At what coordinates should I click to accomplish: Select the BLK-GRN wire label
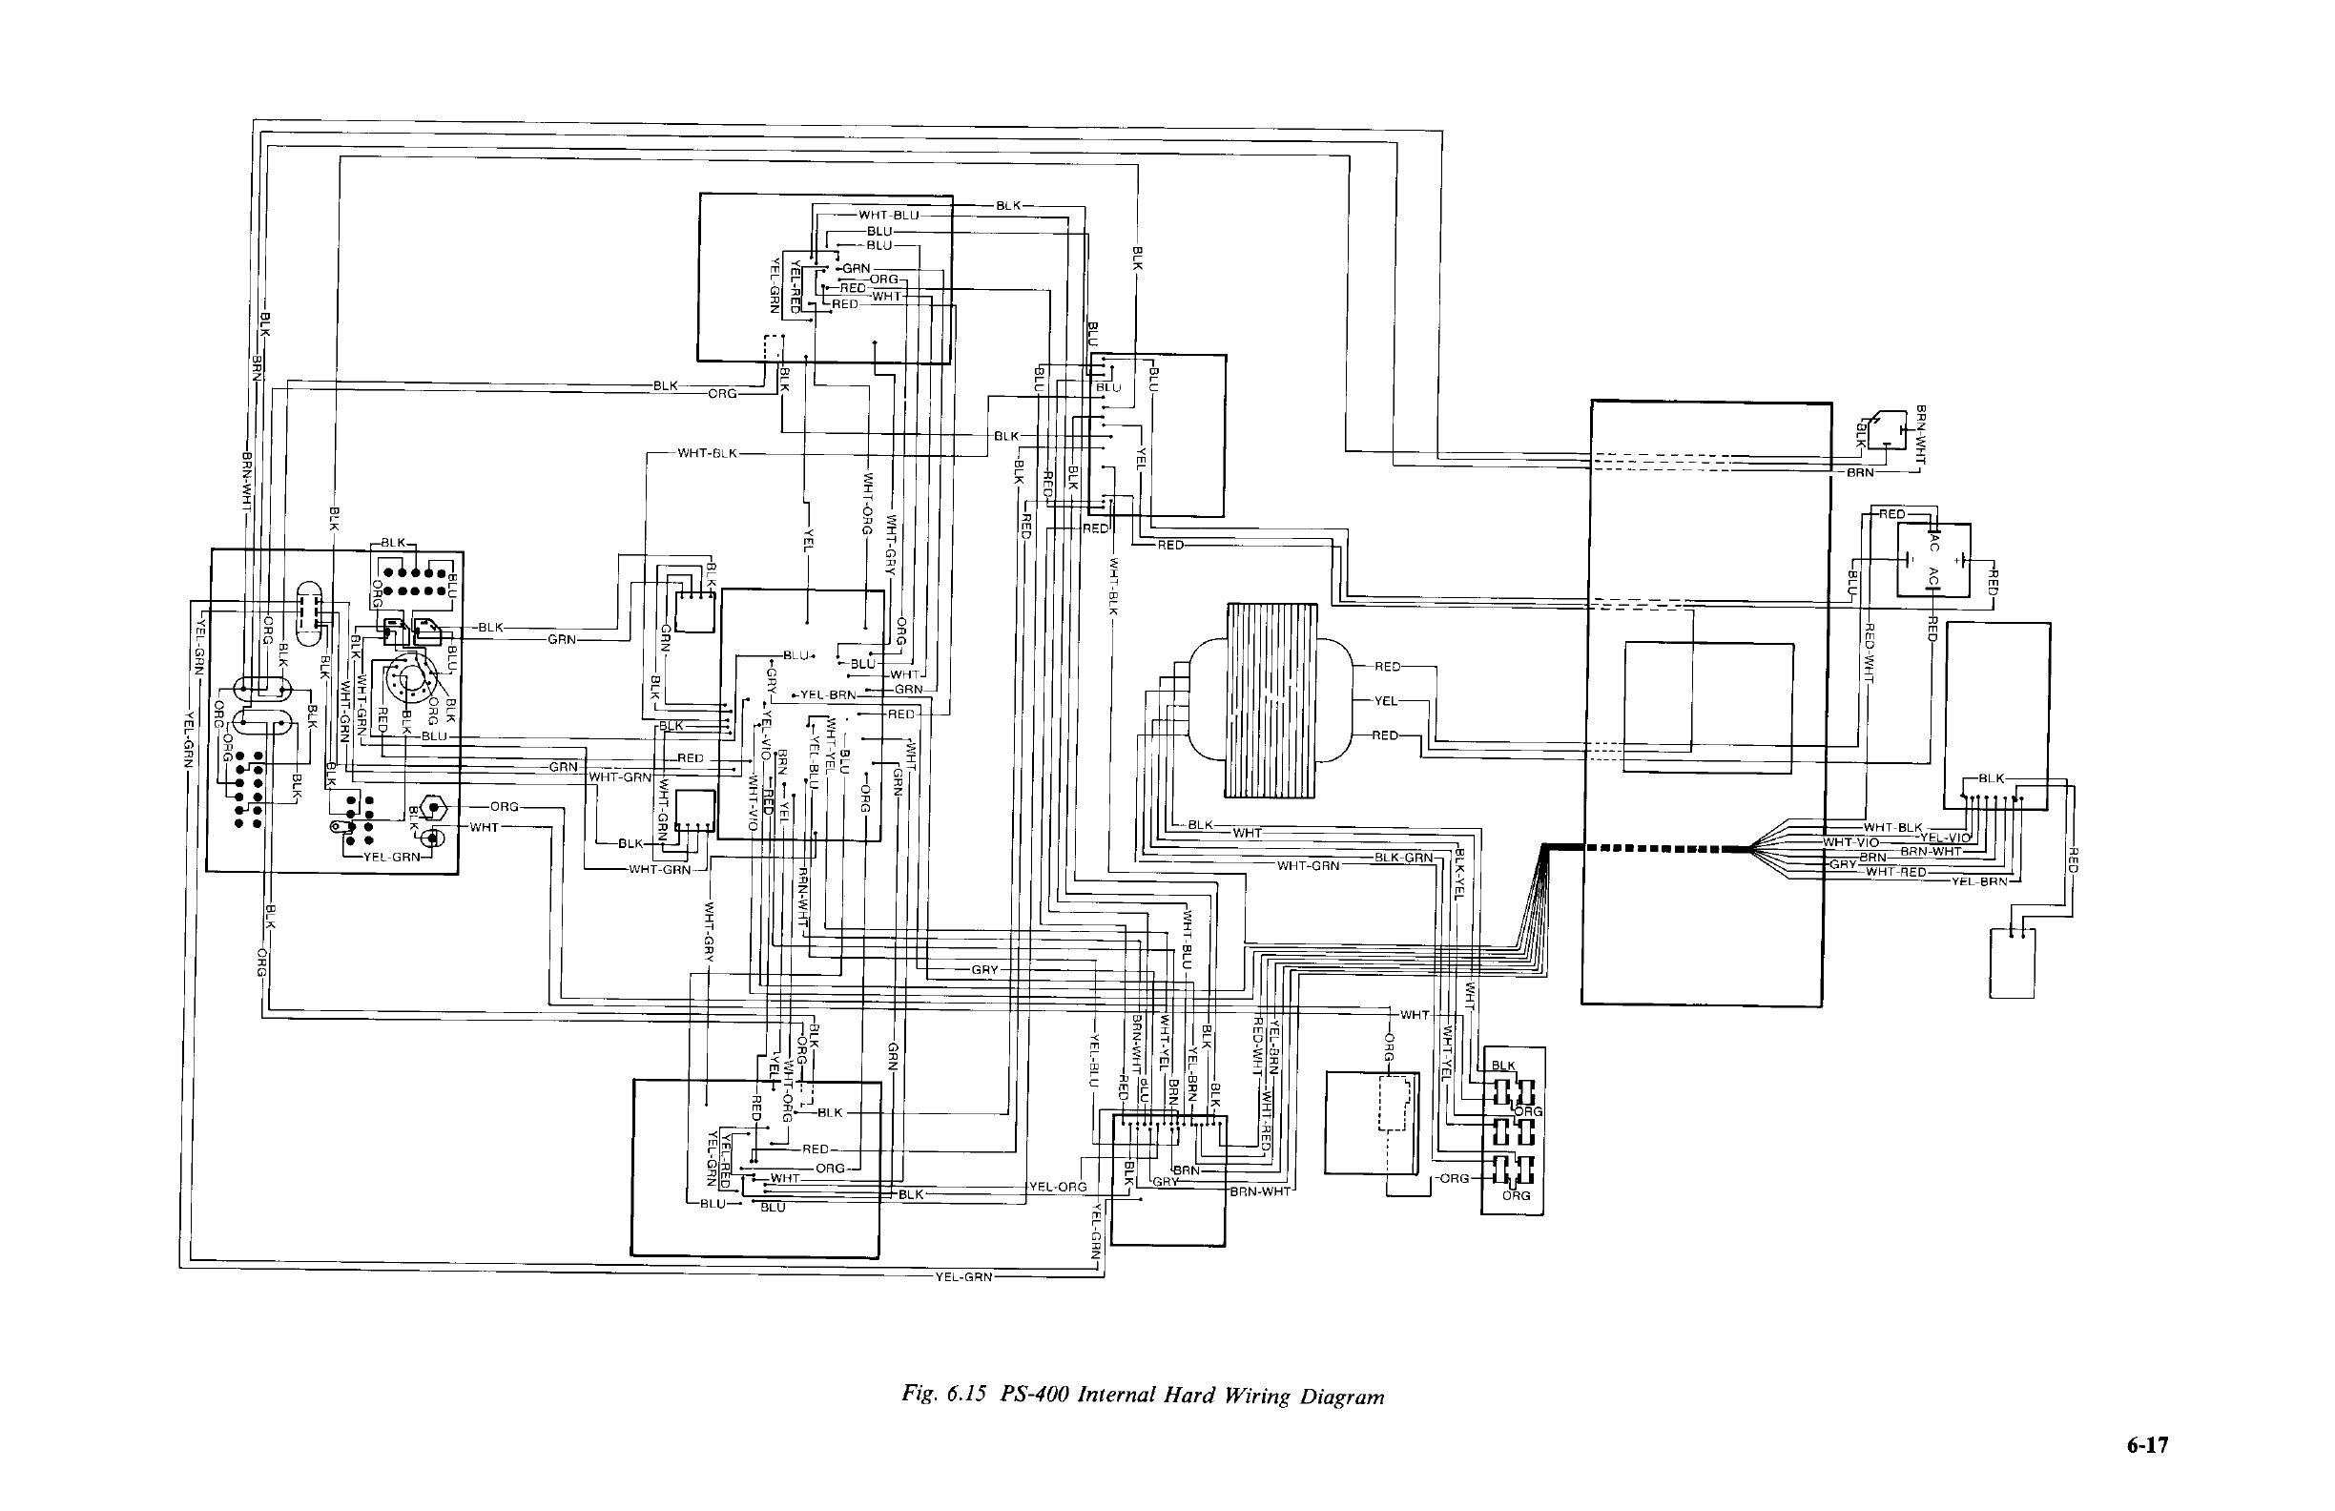[1403, 858]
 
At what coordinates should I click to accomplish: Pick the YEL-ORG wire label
[1058, 1188]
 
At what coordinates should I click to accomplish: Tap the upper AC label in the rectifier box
[1932, 542]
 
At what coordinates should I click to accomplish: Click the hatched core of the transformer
[1271, 699]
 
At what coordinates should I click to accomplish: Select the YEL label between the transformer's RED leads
[1385, 701]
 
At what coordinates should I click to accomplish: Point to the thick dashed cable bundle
[1648, 849]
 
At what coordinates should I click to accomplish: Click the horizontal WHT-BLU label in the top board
[888, 215]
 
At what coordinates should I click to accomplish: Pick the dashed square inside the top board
[774, 348]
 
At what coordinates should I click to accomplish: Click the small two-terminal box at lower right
[2013, 962]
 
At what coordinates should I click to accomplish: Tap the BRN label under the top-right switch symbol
[1861, 473]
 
